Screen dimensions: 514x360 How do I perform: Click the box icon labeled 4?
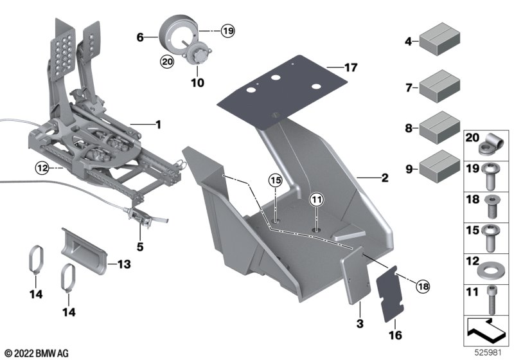pos(439,39)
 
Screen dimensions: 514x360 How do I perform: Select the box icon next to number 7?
pos(439,85)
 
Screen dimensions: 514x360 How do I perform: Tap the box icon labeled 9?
pos(439,166)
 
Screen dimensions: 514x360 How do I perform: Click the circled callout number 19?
pos(228,31)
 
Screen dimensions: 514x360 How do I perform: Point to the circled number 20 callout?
pos(167,61)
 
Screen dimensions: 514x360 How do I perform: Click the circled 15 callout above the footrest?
pos(276,180)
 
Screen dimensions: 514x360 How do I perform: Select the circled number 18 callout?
pos(423,287)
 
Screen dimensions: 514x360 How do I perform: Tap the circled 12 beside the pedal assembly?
pos(42,168)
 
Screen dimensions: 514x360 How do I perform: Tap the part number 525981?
pos(488,353)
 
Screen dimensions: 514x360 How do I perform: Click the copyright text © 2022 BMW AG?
pos(37,354)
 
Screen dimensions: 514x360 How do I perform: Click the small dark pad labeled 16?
pos(390,294)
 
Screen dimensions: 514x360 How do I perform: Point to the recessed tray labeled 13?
pos(84,251)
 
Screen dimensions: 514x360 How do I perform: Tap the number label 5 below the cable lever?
pos(140,246)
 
